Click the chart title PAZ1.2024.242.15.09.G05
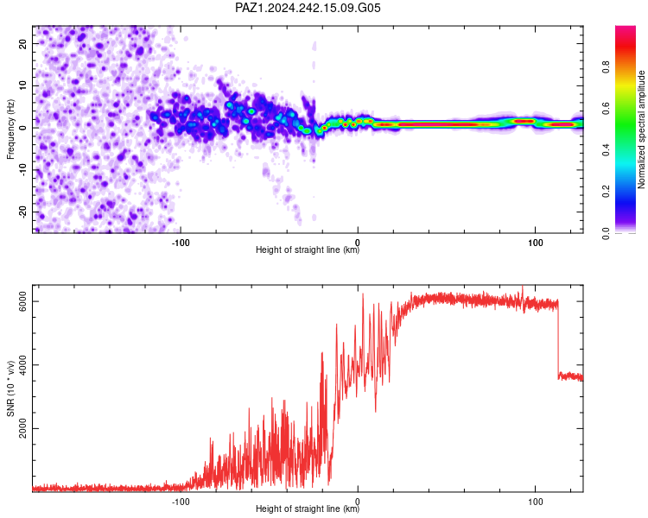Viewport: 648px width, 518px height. (308, 8)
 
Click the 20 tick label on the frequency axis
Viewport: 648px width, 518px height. (22, 43)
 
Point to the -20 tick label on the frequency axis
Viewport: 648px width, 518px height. (22, 212)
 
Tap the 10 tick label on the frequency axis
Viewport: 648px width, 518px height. (22, 85)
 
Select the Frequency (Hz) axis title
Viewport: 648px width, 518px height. (10, 129)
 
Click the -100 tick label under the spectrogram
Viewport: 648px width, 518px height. (181, 243)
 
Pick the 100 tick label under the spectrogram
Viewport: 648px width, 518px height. (535, 243)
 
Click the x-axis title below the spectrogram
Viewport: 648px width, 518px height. (308, 250)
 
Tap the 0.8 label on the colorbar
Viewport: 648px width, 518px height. (607, 67)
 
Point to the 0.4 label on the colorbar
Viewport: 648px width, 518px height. (607, 150)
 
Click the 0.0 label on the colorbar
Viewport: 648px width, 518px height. (607, 233)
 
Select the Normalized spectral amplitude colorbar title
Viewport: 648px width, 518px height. (641, 129)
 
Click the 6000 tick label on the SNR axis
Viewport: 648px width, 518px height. (22, 301)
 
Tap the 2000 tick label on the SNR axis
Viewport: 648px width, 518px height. (22, 428)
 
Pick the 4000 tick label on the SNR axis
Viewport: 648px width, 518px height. (22, 364)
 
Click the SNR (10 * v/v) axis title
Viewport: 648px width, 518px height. (10, 388)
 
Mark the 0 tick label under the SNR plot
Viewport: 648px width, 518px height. (358, 502)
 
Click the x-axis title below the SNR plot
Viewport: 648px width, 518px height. (308, 509)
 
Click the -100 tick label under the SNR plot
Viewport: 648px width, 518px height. (181, 502)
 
